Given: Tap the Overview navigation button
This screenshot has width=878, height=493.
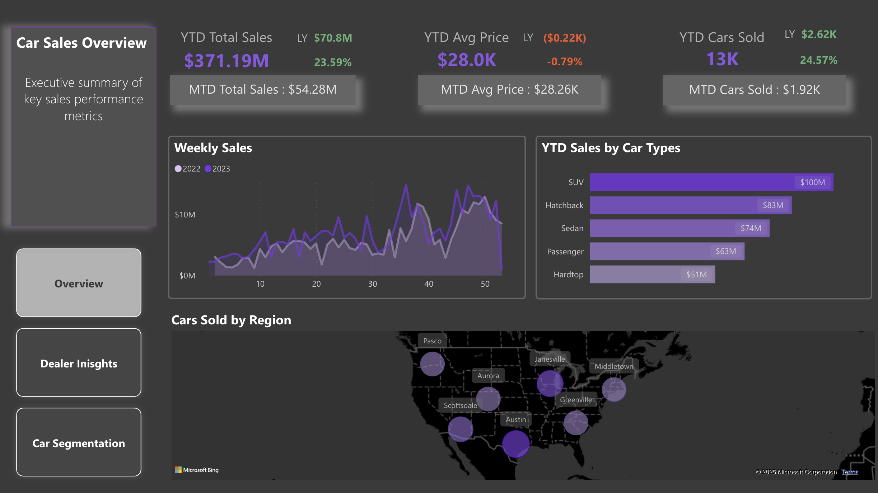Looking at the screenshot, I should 79,283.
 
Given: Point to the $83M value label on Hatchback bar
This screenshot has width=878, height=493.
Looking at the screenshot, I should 773,205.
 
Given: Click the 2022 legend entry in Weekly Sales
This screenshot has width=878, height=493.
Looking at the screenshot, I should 187,169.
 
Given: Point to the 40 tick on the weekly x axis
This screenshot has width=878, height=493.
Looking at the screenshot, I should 429,284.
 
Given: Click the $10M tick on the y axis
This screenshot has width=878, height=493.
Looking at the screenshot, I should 185,215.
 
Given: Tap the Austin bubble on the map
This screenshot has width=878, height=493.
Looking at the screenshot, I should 516,444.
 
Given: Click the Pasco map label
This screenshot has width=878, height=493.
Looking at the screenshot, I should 432,341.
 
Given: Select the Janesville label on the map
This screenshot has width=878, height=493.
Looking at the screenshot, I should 550,359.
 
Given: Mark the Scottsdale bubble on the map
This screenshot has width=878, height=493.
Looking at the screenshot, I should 461,429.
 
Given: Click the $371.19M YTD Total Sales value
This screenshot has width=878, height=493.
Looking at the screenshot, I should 226,61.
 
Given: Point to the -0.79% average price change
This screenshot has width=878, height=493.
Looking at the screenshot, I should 564,62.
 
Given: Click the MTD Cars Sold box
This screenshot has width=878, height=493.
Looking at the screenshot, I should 755,90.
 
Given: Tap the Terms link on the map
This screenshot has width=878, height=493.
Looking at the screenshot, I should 850,472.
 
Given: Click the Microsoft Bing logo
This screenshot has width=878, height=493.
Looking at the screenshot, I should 197,470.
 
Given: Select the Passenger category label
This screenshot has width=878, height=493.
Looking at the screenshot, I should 565,252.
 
